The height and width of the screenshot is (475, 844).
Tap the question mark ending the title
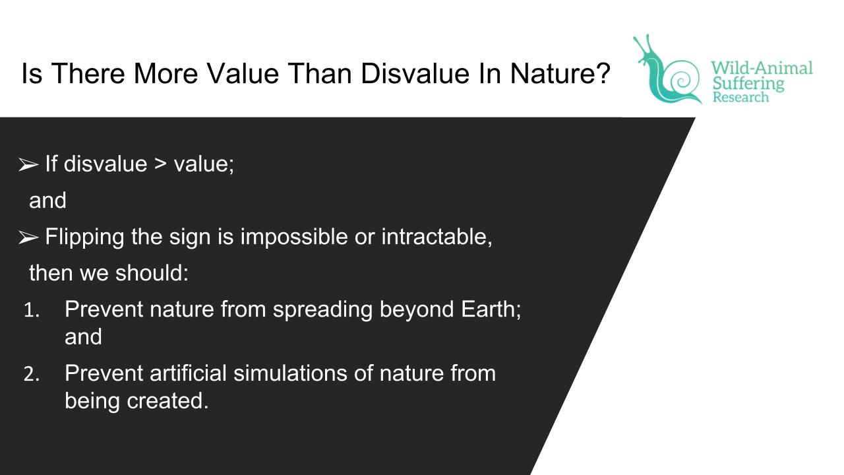pyautogui.click(x=602, y=73)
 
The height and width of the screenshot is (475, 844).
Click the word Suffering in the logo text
pyautogui.click(x=748, y=83)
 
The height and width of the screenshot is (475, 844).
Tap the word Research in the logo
pyautogui.click(x=740, y=97)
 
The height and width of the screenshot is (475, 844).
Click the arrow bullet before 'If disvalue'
pyautogui.click(x=28, y=165)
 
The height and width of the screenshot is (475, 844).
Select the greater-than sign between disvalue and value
pyautogui.click(x=160, y=164)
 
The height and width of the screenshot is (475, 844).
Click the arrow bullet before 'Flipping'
pyautogui.click(x=28, y=237)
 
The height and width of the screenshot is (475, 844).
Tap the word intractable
pyautogui.click(x=437, y=237)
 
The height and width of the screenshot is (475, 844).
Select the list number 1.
pyautogui.click(x=31, y=311)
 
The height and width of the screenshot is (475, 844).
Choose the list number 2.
pyautogui.click(x=32, y=375)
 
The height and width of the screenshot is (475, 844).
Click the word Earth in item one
pyautogui.click(x=491, y=309)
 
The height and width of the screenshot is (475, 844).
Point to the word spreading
pyautogui.click(x=322, y=310)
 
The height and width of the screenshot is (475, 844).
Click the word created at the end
pyautogui.click(x=167, y=400)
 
